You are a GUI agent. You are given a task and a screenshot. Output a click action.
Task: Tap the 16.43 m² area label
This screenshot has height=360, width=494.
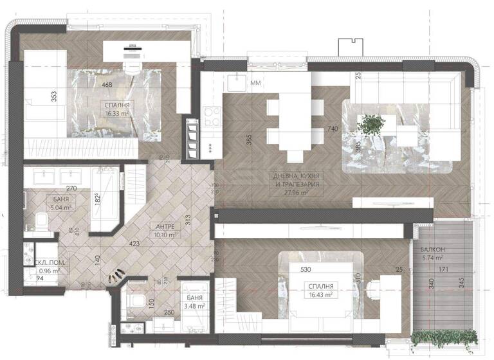pos(320,294)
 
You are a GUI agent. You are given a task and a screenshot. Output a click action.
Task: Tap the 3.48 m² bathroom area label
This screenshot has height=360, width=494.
pos(193,306)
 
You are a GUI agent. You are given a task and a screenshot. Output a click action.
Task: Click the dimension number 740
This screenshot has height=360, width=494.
pos(333,129)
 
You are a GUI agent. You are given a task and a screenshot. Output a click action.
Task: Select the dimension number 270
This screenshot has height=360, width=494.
pos(72,189)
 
